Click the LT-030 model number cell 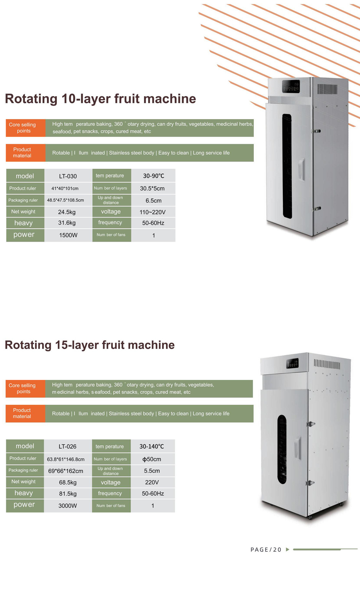coord(68,176)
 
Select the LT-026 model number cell coord(68,446)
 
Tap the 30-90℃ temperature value coord(153,176)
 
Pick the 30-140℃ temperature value coord(151,446)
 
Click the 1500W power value coord(68,235)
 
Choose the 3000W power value coord(68,506)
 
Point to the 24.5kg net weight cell coord(67,212)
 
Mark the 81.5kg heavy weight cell coord(68,494)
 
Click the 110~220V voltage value coord(152,212)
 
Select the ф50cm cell coord(151,459)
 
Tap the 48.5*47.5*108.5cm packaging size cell coord(65,200)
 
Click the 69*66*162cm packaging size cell coord(66,471)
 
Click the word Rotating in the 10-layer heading coord(31,99)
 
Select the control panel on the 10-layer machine coord(291,86)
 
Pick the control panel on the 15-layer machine coord(292,363)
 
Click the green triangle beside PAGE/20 coord(288,549)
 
